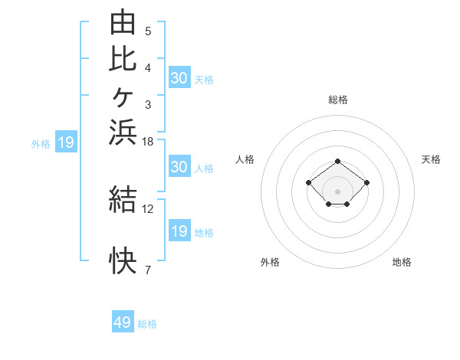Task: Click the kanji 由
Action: pyautogui.click(x=123, y=21)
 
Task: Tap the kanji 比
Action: pyautogui.click(x=123, y=59)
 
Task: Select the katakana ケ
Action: pyautogui.click(x=123, y=97)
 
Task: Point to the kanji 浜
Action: pyautogui.click(x=123, y=132)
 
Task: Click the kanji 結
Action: pyautogui.click(x=123, y=199)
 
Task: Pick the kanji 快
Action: pyautogui.click(x=123, y=260)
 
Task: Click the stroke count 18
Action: pyautogui.click(x=147, y=142)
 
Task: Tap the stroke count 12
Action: pyautogui.click(x=147, y=209)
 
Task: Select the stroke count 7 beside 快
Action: pyautogui.click(x=148, y=270)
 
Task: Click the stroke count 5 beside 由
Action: pyautogui.click(x=148, y=31)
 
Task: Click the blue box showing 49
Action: pyautogui.click(x=123, y=321)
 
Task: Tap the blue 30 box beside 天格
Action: pyautogui.click(x=179, y=77)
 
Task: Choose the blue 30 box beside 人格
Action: pyautogui.click(x=179, y=166)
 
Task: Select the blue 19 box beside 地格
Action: pyautogui.click(x=179, y=230)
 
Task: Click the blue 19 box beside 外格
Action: pyautogui.click(x=66, y=141)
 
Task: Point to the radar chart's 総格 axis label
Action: pyautogui.click(x=338, y=100)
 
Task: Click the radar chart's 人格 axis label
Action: pyautogui.click(x=245, y=159)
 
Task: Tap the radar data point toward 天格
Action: pyautogui.click(x=366, y=182)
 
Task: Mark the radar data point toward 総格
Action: pyautogui.click(x=337, y=162)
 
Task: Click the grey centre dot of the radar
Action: pyautogui.click(x=337, y=191)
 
